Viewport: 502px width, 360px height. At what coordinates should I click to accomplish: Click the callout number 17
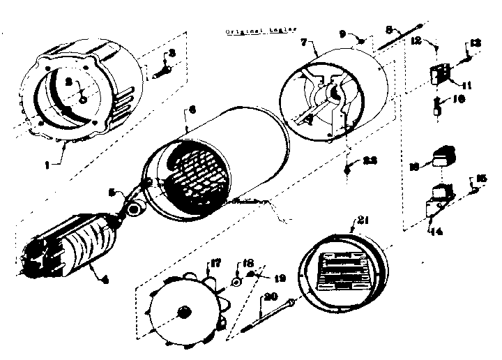[214, 264]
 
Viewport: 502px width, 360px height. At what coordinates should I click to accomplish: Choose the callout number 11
[466, 86]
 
